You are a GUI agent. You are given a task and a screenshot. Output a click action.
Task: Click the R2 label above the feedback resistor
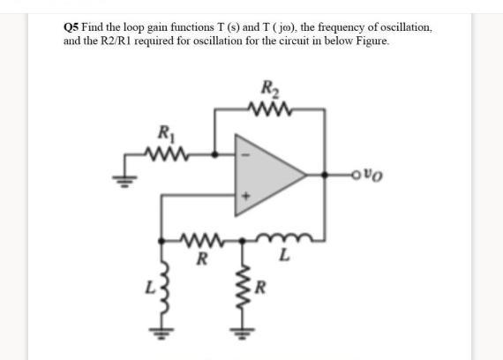pyautogui.click(x=269, y=89)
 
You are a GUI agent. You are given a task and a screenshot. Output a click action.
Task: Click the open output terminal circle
pyautogui.click(x=357, y=173)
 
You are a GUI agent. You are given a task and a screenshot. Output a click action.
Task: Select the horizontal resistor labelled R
pyautogui.click(x=202, y=238)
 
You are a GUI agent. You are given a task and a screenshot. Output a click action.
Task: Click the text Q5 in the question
pyautogui.click(x=71, y=27)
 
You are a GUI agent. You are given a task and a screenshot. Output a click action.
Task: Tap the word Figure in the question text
pyautogui.click(x=367, y=41)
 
